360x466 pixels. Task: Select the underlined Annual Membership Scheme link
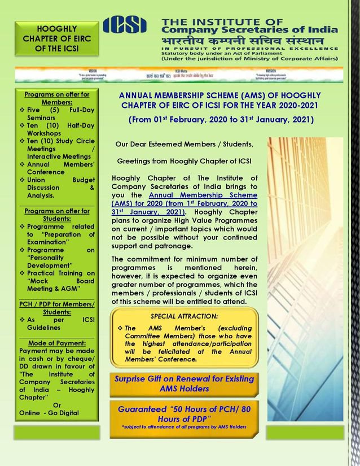[x=185, y=203]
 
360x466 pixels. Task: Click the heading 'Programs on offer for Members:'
[x=57, y=98]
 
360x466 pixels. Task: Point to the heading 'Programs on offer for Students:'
[x=57, y=215]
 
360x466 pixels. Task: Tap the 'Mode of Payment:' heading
[x=57, y=342]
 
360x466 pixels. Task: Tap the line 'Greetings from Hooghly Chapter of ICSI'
[x=185, y=162]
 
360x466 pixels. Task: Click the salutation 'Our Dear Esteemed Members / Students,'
[x=185, y=144]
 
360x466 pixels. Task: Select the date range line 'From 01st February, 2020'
[x=221, y=120]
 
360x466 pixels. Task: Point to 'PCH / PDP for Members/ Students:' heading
[x=57, y=310]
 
